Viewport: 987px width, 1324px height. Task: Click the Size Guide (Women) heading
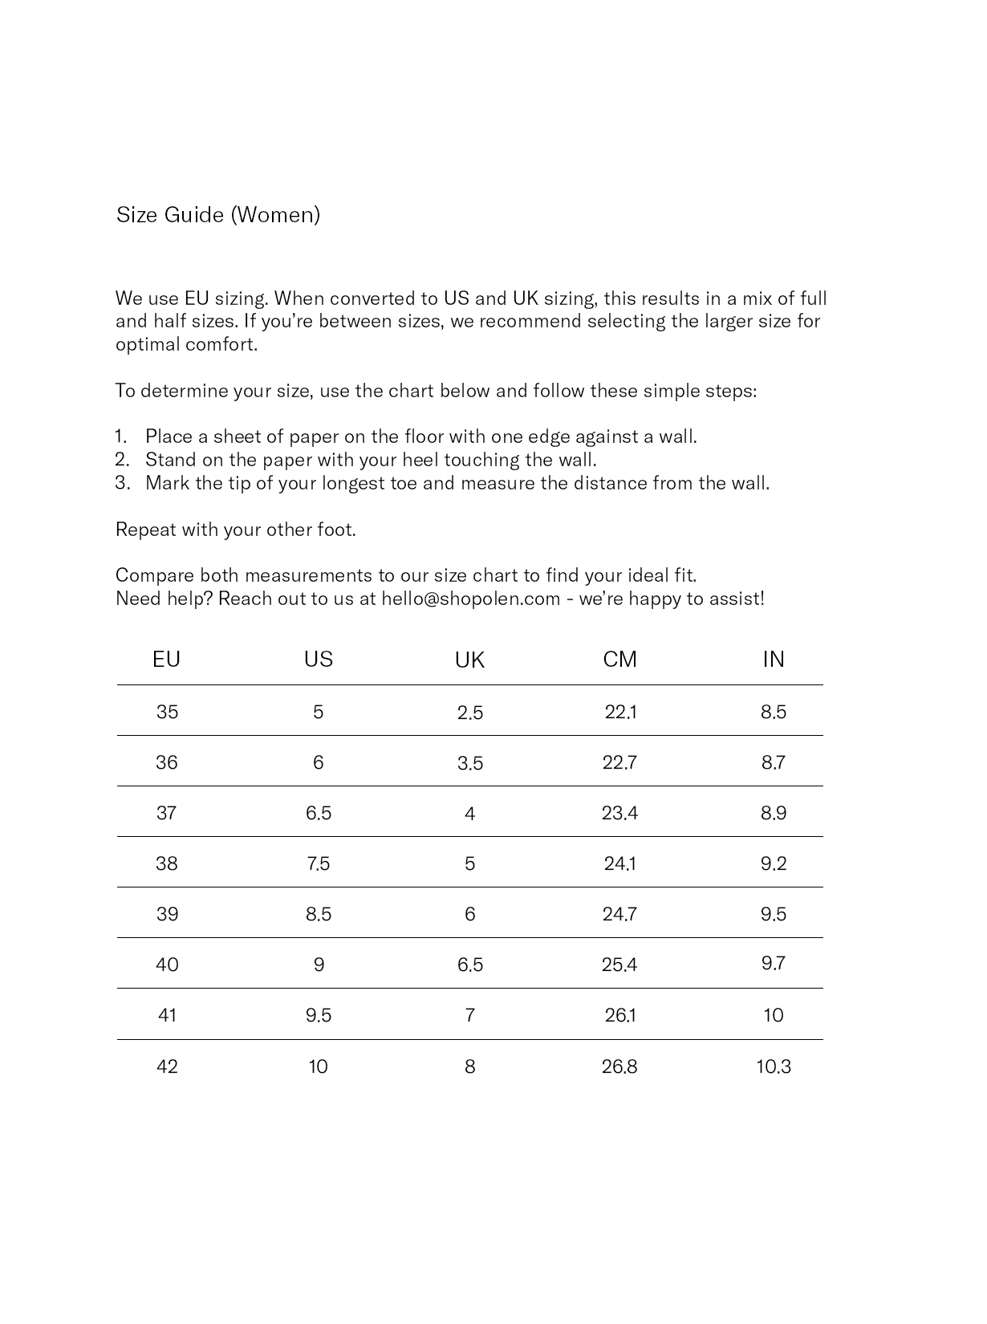pos(218,215)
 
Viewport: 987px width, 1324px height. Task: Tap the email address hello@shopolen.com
pos(470,599)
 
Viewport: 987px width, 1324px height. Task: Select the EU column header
pos(166,660)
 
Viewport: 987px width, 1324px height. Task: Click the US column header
pos(319,660)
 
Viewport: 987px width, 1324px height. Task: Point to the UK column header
pos(469,660)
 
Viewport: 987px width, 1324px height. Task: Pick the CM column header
pos(619,660)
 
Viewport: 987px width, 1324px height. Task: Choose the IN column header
pos(774,660)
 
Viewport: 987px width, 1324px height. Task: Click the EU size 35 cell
pos(167,712)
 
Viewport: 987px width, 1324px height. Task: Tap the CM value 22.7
pos(619,762)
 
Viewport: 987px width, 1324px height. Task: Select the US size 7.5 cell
pos(319,863)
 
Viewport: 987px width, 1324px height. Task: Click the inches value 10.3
pos(774,1066)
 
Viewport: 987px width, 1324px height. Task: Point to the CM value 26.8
pos(619,1066)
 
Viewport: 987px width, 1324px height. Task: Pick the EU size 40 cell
pos(167,965)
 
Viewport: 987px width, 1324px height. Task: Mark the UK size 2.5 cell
pos(470,713)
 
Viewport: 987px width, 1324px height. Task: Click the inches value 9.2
pos(774,863)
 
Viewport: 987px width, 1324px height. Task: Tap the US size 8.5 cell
pos(319,914)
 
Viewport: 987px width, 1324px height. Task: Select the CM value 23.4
pos(619,813)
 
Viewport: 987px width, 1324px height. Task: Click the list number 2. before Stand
pos(122,460)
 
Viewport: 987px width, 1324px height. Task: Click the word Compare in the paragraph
pos(155,575)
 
